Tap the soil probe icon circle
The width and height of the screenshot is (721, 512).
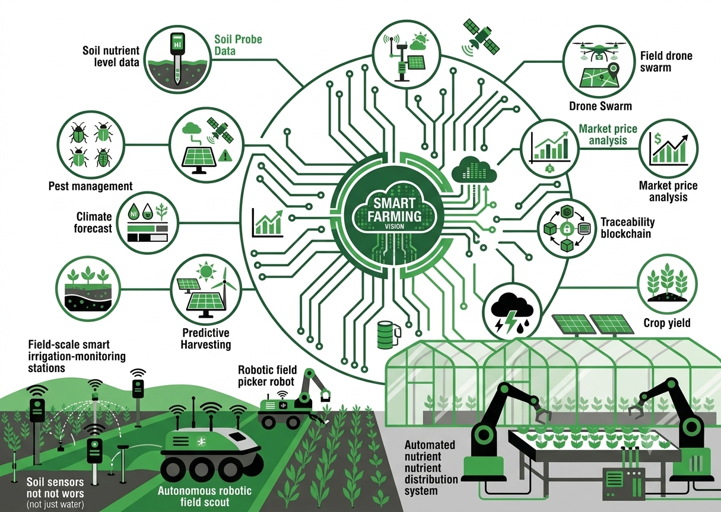coord(177,59)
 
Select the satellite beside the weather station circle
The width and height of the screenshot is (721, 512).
coord(481,39)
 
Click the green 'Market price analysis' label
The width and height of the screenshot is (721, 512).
coord(608,135)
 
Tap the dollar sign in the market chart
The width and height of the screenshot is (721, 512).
coord(658,139)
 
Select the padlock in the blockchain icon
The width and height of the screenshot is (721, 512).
coord(566,229)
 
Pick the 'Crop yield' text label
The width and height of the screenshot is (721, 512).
coord(667,323)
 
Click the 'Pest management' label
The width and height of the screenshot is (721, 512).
coord(90,186)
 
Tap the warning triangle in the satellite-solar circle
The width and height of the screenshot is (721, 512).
coord(225,156)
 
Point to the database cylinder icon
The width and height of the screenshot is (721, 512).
coord(389,334)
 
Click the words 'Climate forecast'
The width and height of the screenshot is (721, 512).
coord(93,222)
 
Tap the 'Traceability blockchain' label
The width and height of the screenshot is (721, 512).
coord(627,228)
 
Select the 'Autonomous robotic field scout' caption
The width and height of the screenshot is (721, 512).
coord(205,496)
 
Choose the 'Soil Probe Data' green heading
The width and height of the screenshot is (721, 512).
coord(238,45)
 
